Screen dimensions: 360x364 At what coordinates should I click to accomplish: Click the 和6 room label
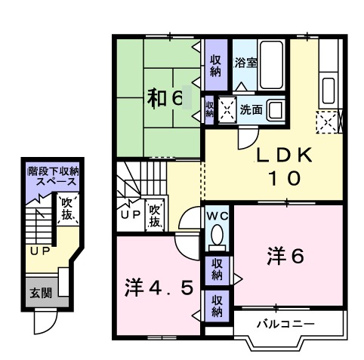(164, 98)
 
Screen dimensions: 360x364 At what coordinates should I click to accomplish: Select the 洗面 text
(251, 110)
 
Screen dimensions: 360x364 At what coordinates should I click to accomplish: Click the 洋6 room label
(285, 257)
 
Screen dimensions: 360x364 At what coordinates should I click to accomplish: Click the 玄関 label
(41, 292)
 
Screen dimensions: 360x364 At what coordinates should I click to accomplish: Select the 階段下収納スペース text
(53, 177)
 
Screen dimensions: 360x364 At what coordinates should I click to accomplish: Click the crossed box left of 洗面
(227, 110)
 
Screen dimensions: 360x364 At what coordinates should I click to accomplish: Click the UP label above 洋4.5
(129, 213)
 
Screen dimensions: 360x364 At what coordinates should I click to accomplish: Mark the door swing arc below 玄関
(45, 324)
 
